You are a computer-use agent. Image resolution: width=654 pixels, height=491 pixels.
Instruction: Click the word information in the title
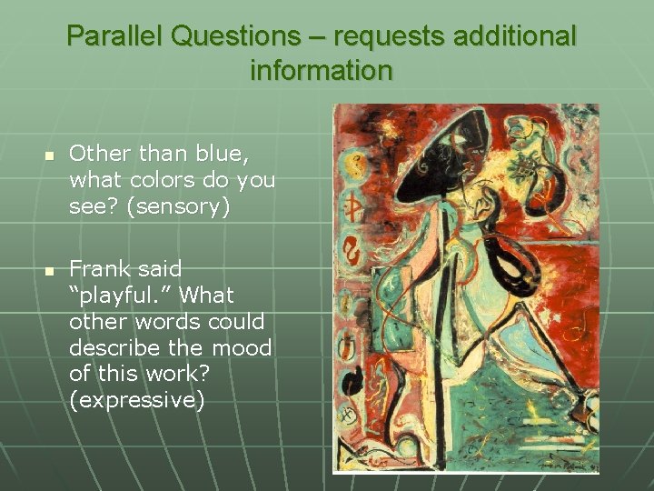[321, 70]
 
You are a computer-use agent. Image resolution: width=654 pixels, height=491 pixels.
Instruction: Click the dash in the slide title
[323, 37]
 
